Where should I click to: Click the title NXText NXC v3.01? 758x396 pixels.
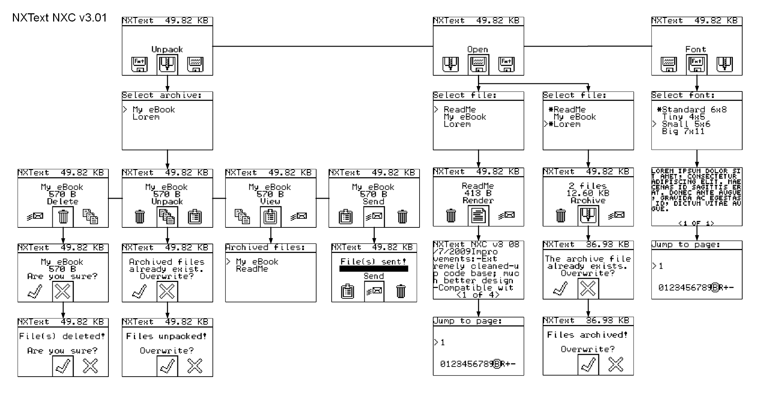point(60,18)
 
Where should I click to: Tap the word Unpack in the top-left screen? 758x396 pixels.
point(167,49)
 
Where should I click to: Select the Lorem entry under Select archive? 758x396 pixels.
point(146,117)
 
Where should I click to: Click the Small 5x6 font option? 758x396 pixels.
point(686,124)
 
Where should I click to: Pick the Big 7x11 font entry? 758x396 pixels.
point(683,131)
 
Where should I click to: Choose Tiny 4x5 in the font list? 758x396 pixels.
point(683,117)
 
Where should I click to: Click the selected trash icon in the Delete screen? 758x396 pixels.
point(63,217)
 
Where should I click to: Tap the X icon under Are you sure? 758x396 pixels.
point(63,291)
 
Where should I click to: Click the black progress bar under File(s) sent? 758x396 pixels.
point(374,269)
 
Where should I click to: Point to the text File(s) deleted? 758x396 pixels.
point(62,336)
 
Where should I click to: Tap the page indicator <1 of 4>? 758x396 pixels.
point(478,295)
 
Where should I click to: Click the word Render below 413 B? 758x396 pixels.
point(478,201)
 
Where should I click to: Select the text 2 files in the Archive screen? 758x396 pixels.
point(588,186)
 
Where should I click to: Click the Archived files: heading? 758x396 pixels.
point(265,247)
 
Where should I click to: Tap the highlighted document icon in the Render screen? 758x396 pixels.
point(478,216)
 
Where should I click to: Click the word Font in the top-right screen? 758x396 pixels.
point(696,49)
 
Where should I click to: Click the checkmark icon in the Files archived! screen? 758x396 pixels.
point(588,365)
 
